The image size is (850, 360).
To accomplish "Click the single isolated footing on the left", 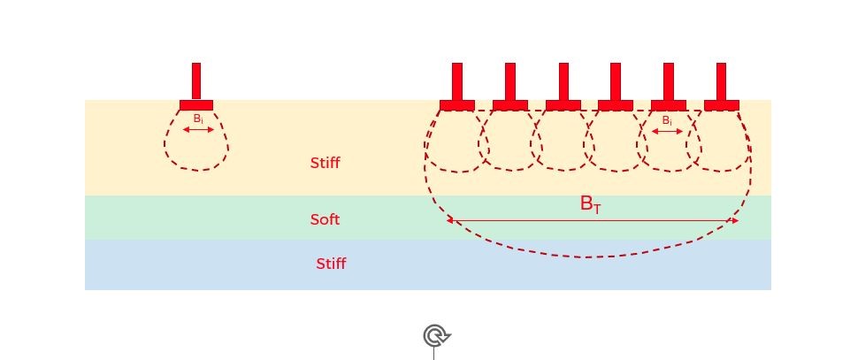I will coord(196,105).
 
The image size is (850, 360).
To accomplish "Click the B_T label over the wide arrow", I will coord(590,204).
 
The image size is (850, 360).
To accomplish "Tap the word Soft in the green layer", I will coord(325,219).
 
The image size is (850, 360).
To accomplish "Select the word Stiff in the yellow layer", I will coord(325,163).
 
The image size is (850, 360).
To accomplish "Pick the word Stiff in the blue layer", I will coord(331,264).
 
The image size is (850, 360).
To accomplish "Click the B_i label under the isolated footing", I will coord(198,119).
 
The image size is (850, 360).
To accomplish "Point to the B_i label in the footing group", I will coord(667,120).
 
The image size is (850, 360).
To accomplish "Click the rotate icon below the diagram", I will coord(435,336).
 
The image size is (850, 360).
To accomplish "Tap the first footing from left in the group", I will coord(457,105).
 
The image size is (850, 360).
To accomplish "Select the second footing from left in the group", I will coord(510,105).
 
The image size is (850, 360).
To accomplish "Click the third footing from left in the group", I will coord(563,105).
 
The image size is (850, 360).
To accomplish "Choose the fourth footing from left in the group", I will coord(616,105).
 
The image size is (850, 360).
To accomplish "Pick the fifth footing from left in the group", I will coord(669,105).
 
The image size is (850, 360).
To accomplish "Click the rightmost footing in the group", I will coord(722,105).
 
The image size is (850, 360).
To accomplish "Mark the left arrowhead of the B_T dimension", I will coord(450,220).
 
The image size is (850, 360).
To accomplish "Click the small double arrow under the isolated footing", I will coord(198,130).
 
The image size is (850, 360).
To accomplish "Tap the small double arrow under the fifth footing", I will coord(667,132).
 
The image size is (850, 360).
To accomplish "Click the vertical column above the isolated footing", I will coord(196,80).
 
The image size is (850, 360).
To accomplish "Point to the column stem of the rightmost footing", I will coord(722,80).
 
